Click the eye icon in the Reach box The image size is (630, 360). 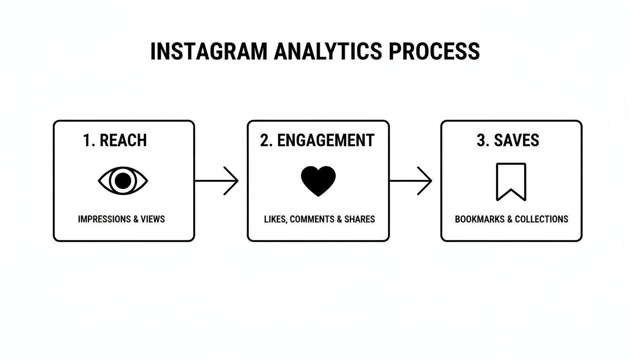click(123, 181)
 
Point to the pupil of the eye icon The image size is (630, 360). click(123, 181)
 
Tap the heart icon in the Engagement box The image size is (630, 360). click(318, 181)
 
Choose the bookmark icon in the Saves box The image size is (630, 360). click(511, 181)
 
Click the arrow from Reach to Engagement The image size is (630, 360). click(217, 180)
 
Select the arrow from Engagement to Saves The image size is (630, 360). click(411, 180)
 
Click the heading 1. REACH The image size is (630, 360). click(115, 140)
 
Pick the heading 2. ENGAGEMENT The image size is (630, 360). click(317, 140)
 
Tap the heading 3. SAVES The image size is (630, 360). click(508, 140)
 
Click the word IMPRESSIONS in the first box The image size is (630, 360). click(105, 219)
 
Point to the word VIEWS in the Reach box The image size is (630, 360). click(153, 219)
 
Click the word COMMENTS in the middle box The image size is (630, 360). click(312, 219)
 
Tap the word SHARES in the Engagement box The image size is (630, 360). click(359, 219)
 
